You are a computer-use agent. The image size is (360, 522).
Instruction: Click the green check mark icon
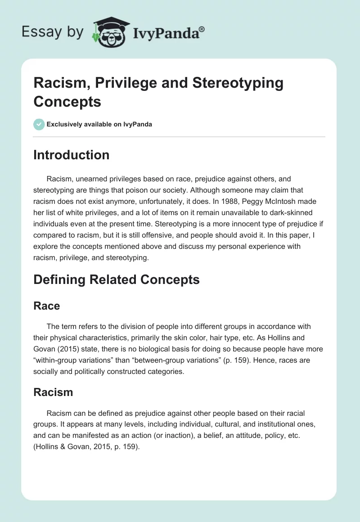[39, 124]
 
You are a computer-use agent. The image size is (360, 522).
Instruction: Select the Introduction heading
[72, 155]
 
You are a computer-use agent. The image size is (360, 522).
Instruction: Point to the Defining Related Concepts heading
[117, 279]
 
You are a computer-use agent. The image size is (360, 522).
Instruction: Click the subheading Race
[47, 306]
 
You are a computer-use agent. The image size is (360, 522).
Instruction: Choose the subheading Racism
[53, 392]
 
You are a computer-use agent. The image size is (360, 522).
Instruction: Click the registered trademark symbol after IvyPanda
[202, 30]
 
